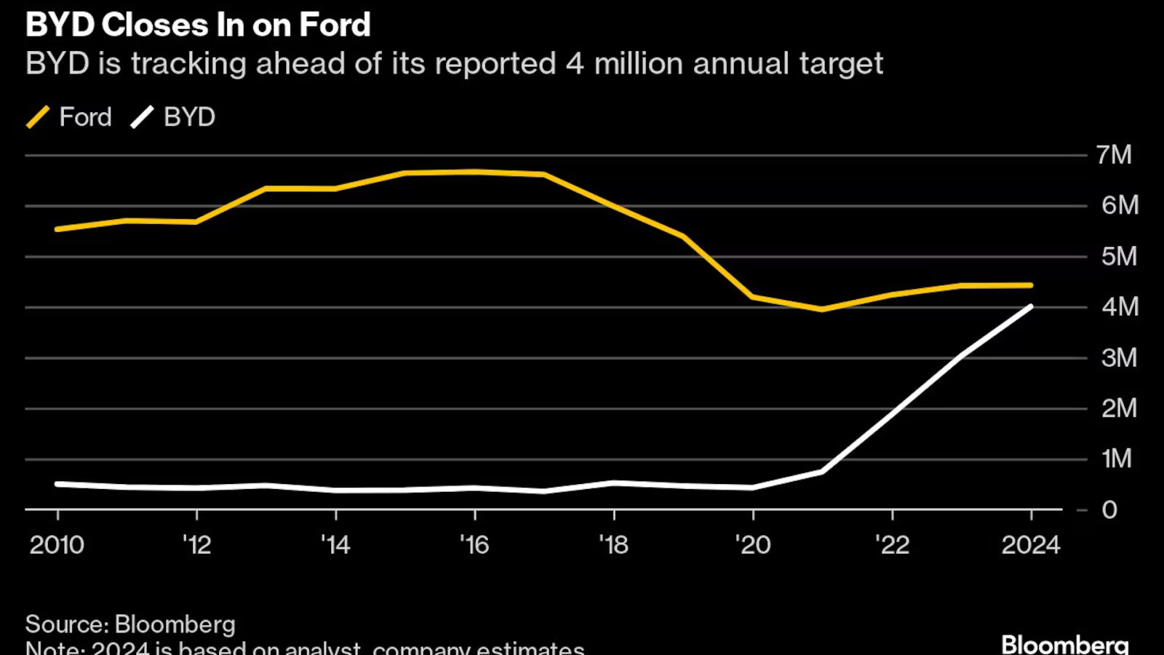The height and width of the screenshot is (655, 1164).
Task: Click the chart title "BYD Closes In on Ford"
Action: click(x=198, y=25)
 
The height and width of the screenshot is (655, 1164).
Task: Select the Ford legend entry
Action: click(x=70, y=117)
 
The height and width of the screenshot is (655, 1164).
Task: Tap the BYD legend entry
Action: click(x=173, y=117)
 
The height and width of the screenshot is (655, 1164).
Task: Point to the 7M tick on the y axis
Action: click(x=1114, y=155)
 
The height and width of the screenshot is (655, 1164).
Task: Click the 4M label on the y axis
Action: click(x=1119, y=307)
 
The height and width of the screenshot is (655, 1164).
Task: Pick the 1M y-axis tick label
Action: click(x=1117, y=458)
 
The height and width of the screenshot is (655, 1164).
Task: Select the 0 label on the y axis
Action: click(x=1109, y=510)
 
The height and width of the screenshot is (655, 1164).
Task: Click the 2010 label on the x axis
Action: click(x=57, y=545)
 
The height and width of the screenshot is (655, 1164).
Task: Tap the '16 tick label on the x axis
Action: click(x=474, y=545)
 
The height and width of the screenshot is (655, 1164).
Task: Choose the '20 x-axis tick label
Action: click(x=753, y=545)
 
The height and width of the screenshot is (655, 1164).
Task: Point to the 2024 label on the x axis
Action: click(x=1031, y=545)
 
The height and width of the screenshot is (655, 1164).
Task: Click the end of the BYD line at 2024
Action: click(x=1031, y=306)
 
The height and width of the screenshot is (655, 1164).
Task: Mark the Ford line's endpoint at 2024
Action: click(x=1031, y=285)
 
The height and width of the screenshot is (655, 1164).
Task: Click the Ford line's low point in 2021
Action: click(x=822, y=309)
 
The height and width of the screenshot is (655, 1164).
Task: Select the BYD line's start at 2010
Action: click(x=57, y=484)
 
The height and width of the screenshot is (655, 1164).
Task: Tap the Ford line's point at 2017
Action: click(x=544, y=175)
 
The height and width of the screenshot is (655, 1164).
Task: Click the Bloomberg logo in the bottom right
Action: click(x=1065, y=644)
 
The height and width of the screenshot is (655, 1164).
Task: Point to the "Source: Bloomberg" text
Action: click(x=130, y=624)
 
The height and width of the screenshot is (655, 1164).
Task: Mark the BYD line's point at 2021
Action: click(x=822, y=472)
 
